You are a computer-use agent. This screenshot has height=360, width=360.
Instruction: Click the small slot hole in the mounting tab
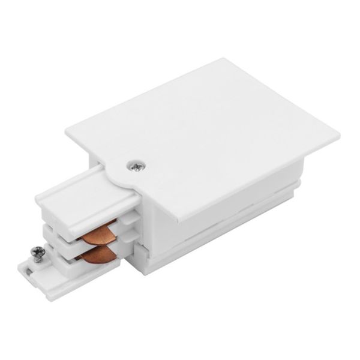click(x=30, y=275)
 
